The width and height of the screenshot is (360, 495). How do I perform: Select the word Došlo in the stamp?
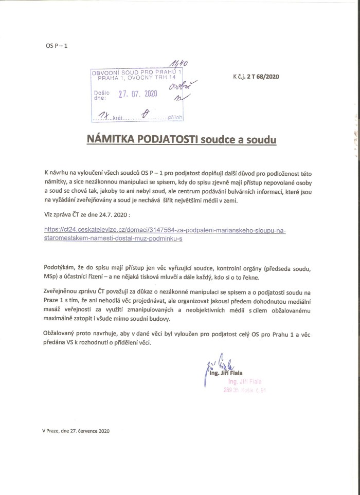click(x=100, y=93)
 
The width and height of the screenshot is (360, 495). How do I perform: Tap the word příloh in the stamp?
click(x=176, y=117)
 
